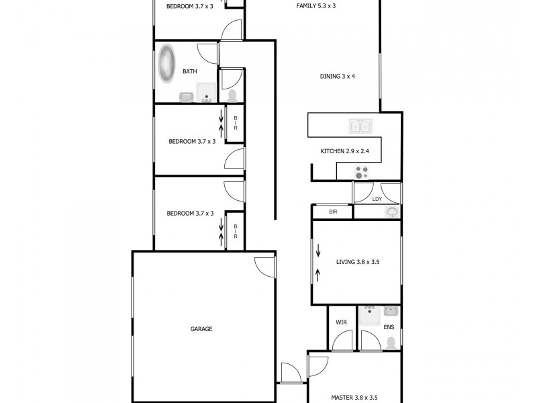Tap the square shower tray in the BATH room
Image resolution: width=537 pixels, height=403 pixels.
coord(206,93)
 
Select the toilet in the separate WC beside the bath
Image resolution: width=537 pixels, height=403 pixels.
coord(232,96)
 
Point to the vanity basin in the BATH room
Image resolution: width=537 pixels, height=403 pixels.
coord(186,98)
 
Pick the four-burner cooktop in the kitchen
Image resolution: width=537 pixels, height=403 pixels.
coord(363,173)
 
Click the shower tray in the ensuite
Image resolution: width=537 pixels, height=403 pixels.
coord(369,316)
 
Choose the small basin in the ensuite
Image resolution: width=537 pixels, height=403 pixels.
coord(391,311)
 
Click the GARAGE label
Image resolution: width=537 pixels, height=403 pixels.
coord(201,329)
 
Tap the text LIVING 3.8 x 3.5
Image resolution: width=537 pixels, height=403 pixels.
coord(358,262)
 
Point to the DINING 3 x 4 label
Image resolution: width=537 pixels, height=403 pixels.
coord(337,76)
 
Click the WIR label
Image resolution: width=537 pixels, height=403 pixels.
coord(340,322)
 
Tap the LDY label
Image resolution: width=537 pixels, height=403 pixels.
coord(377,199)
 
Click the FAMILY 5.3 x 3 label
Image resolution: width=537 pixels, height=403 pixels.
coord(315,5)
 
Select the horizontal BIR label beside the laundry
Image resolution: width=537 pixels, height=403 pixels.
coord(333,212)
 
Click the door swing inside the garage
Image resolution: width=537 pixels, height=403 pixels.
coord(264,265)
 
